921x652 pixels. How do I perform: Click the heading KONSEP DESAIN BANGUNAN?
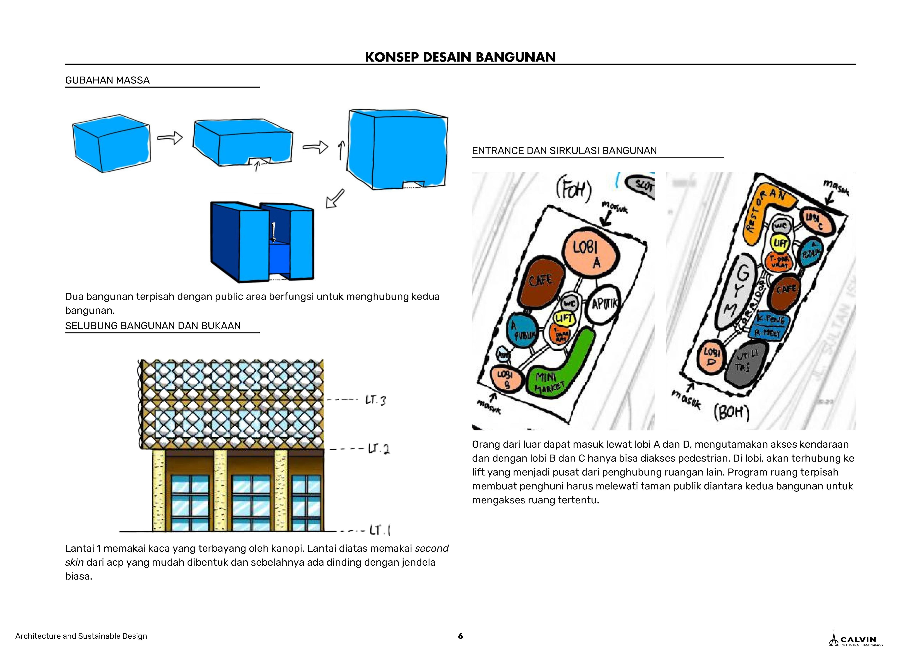click(460, 57)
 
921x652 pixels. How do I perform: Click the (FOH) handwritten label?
click(574, 191)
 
